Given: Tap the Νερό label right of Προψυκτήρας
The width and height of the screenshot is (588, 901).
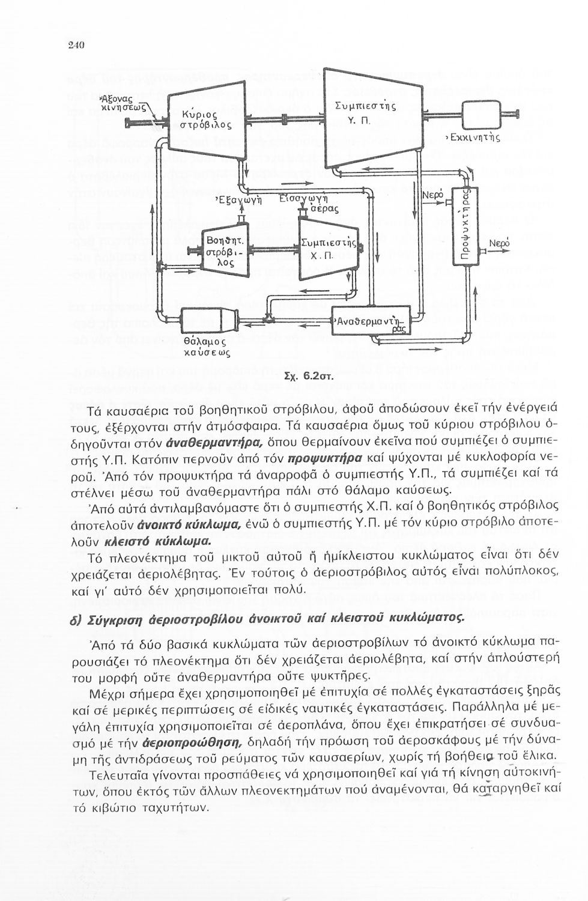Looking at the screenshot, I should pos(500,244).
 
